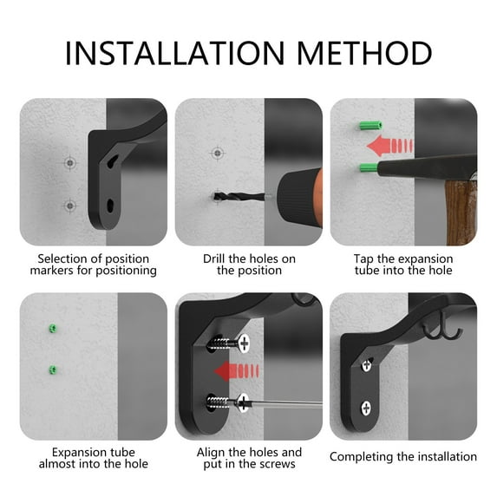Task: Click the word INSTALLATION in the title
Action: click(174, 53)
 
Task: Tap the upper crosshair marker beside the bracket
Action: click(70, 163)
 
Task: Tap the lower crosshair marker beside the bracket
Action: click(70, 206)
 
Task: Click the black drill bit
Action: click(239, 197)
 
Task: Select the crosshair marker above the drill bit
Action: click(218, 154)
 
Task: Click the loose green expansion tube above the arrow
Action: click(370, 126)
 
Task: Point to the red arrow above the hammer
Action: click(389, 146)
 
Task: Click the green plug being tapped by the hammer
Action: click(369, 167)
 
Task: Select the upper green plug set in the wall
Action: click(53, 329)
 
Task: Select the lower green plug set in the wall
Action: click(53, 369)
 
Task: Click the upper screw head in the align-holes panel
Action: click(244, 343)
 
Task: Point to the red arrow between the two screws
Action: click(237, 371)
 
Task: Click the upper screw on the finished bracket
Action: click(367, 365)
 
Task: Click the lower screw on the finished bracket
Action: click(366, 409)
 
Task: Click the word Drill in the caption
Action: click(214, 258)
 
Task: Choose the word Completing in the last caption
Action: click(362, 457)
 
